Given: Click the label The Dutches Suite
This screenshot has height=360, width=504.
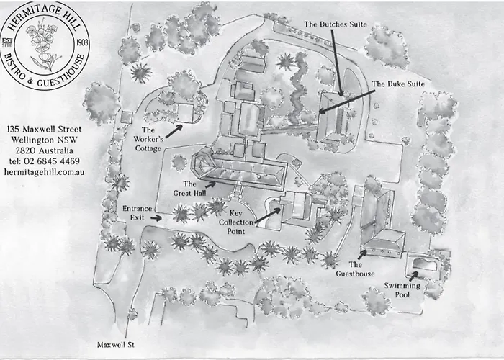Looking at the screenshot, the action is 336,24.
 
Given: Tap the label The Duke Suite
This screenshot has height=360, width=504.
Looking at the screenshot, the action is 398,84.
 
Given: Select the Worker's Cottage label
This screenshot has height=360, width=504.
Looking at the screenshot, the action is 148,139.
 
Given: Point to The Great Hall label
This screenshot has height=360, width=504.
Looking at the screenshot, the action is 189,189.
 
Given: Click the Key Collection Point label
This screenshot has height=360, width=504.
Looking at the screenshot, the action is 236,222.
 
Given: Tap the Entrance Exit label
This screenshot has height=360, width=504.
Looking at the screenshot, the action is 137,213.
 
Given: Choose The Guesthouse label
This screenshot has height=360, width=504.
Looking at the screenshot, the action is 355,269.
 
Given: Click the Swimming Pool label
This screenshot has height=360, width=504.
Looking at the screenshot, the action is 402,289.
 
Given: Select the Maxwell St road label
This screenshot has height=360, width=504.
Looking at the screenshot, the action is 116,345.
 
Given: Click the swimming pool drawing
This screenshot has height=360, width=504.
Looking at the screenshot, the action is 424,265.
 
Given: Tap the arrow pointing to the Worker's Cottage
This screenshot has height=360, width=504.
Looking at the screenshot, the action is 174,131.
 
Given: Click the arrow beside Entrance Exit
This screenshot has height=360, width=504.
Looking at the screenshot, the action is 156,218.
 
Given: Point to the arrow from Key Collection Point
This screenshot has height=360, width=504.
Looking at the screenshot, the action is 268,215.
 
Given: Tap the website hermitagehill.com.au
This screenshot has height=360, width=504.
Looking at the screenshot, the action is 45,172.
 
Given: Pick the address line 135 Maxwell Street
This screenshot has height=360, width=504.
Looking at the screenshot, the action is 45,129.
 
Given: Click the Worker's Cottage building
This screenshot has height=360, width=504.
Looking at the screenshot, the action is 184,112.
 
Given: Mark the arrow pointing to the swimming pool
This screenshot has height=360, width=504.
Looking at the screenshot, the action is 414,276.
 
